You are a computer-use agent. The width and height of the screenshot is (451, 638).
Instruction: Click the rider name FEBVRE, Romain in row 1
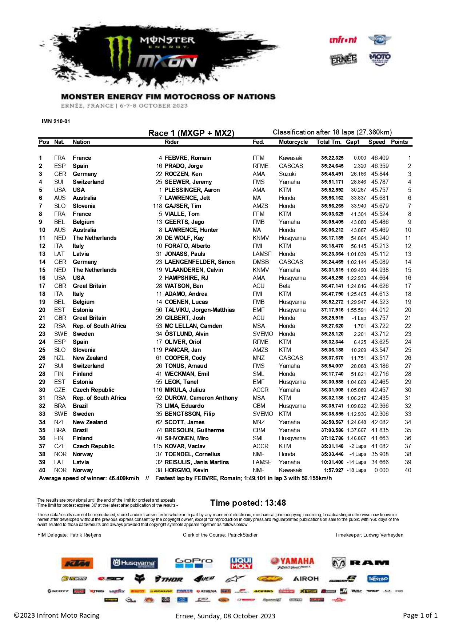click(x=188, y=158)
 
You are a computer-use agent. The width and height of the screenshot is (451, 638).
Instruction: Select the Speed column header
click(x=376, y=142)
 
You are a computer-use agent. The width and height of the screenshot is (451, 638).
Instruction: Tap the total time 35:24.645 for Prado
click(x=332, y=166)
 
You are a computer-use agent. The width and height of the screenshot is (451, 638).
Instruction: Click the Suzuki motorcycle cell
click(x=287, y=174)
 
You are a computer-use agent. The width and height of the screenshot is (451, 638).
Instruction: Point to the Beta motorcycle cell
click(x=284, y=286)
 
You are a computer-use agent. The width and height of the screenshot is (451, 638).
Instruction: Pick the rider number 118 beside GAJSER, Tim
click(x=157, y=206)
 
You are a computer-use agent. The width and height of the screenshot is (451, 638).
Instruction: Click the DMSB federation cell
click(x=261, y=262)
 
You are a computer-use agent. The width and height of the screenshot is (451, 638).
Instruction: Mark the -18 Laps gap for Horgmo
click(x=356, y=470)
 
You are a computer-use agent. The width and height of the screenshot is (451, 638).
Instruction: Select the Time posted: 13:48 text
click(x=248, y=503)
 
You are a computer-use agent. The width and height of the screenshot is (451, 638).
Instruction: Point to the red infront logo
click(x=343, y=40)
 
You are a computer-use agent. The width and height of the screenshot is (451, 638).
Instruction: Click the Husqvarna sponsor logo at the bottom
click(x=134, y=563)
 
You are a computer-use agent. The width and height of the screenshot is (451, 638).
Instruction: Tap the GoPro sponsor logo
click(x=193, y=563)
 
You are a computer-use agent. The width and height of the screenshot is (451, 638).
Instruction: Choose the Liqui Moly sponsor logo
click(x=241, y=563)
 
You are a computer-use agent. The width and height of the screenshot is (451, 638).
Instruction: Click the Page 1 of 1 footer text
click(x=420, y=615)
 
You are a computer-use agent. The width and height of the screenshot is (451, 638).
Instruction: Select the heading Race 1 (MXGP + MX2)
click(x=191, y=133)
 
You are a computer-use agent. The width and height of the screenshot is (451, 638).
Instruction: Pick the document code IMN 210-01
click(x=56, y=121)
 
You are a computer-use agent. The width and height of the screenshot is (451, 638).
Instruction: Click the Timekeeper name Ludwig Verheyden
click(x=383, y=535)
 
